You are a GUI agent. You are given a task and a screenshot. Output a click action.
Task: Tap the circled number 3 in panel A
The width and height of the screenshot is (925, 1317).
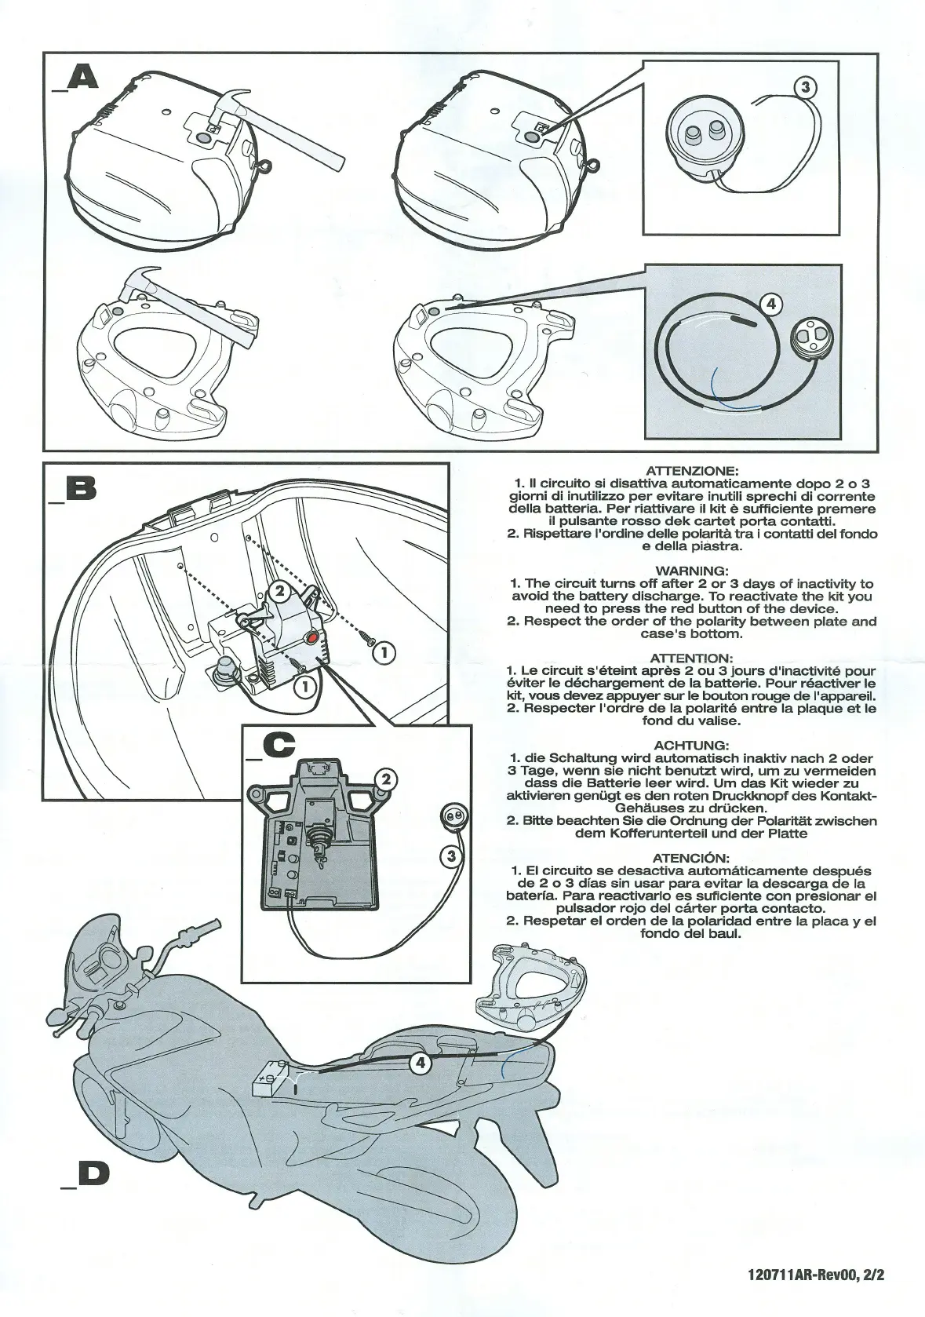pyautogui.click(x=805, y=87)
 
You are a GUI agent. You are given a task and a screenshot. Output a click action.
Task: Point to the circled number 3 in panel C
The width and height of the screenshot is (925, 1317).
pyautogui.click(x=451, y=856)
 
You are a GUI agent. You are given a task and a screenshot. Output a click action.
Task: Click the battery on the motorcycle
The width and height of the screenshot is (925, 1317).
pyautogui.click(x=271, y=1088)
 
